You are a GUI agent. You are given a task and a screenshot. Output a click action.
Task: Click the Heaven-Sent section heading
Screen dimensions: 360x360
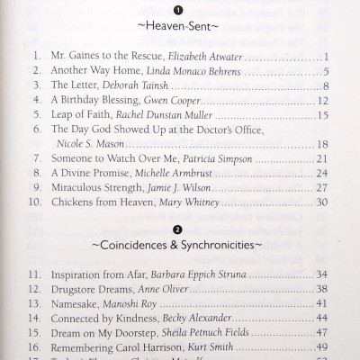point(179,27)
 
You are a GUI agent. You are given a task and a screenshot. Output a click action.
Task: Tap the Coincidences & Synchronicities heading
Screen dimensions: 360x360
point(179,243)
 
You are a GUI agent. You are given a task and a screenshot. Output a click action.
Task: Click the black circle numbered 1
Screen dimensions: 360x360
point(178,11)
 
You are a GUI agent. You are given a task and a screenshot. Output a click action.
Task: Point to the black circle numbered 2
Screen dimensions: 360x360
point(178,227)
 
